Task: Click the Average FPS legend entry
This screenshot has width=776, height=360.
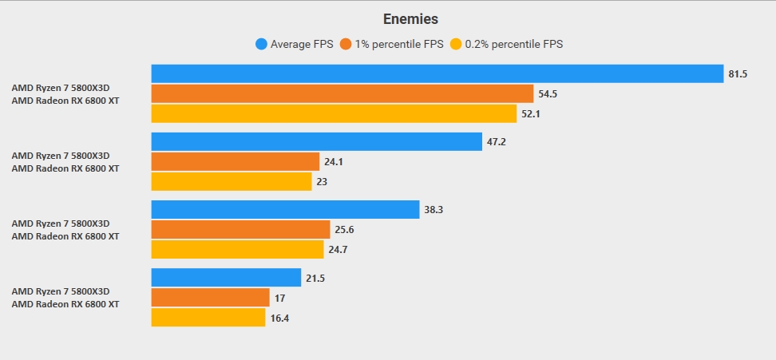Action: click(x=295, y=44)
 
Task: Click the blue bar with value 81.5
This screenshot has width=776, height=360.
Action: click(x=437, y=73)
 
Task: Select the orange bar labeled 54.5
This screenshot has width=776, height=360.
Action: click(x=342, y=93)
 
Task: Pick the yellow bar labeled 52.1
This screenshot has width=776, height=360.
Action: click(x=338, y=114)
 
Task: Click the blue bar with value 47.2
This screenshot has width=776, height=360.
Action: click(x=317, y=141)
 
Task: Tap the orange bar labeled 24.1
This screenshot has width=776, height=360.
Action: click(x=236, y=161)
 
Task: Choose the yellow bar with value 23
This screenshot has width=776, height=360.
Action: click(x=232, y=182)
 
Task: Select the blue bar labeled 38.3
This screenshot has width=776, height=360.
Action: click(x=285, y=209)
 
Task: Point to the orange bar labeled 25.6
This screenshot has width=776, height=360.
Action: click(x=240, y=229)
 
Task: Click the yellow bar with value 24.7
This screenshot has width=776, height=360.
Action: click(x=237, y=250)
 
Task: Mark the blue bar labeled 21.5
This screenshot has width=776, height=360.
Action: click(x=226, y=277)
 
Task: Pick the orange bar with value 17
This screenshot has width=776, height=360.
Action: click(x=211, y=297)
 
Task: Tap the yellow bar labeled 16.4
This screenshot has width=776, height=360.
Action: click(x=208, y=318)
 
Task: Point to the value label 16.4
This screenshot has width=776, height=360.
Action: click(x=279, y=318)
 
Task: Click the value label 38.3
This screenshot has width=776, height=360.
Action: click(x=434, y=210)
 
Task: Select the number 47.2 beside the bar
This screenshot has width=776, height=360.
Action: click(x=496, y=142)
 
